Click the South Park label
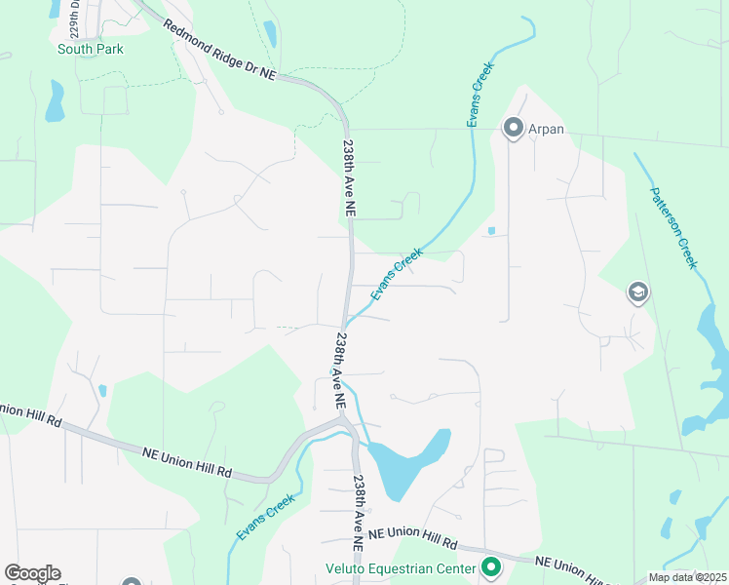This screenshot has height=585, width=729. (x=91, y=49)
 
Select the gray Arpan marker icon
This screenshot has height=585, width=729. (x=512, y=128)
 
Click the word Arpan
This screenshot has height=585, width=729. (x=546, y=129)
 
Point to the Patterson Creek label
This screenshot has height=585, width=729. (x=673, y=227)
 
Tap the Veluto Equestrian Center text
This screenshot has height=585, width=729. (x=401, y=568)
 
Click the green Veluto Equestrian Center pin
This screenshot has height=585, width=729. (x=491, y=566)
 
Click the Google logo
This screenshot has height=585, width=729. (x=32, y=573)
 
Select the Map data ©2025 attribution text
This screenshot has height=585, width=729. (x=688, y=577)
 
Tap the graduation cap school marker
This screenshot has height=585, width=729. (x=638, y=292)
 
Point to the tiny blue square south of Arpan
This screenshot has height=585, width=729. (x=490, y=231)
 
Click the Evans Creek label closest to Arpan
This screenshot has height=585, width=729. (x=480, y=95)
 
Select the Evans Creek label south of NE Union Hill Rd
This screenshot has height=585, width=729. (x=264, y=517)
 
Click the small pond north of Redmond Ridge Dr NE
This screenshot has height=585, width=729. (x=269, y=34)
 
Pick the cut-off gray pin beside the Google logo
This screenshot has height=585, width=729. (x=133, y=581)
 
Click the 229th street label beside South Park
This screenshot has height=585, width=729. (x=74, y=14)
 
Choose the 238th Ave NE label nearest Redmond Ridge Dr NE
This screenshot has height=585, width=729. (x=348, y=176)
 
